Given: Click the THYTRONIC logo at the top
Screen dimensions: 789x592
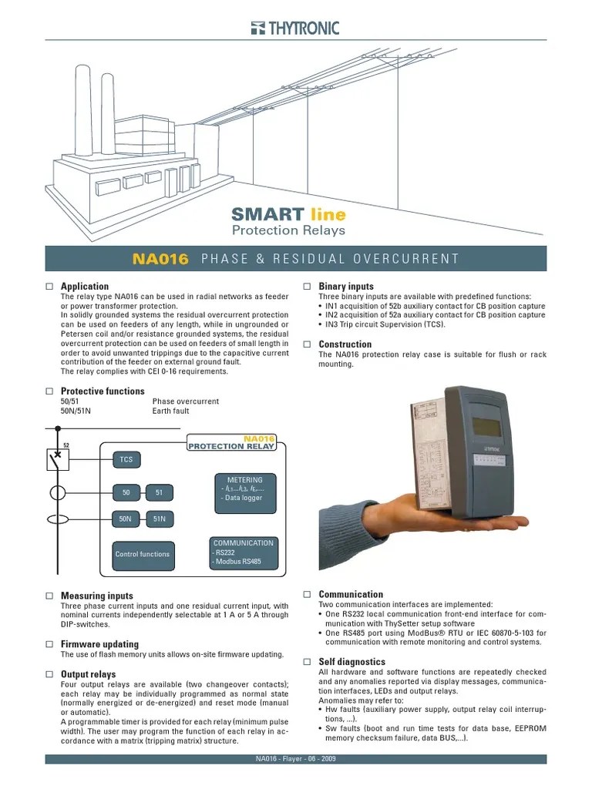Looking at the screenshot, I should pos(295,29).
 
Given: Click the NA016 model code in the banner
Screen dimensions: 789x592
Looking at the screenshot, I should pos(160,259).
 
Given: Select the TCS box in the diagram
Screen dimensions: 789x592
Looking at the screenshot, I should pos(126,459).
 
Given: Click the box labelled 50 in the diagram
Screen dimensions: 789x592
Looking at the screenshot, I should pos(126,493).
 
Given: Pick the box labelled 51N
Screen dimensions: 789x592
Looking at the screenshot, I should pos(160,520).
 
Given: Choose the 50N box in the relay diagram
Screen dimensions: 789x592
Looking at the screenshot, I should pos(126,520).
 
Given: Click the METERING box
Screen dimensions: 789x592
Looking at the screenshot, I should pos(244,489).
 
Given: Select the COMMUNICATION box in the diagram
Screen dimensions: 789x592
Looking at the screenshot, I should pos(243,552).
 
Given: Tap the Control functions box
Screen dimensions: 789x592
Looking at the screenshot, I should pos(142,554).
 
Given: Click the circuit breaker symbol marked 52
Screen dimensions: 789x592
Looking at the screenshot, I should pos(58,460).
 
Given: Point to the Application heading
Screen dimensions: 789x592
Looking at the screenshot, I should pos(85,287).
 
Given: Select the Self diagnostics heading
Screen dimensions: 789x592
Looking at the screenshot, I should pos(352,662).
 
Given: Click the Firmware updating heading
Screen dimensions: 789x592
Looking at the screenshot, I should pos(99,644).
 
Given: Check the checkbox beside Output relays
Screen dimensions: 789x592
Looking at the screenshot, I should pos(49,675).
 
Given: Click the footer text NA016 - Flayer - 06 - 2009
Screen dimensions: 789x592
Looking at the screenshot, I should pos(295,759).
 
